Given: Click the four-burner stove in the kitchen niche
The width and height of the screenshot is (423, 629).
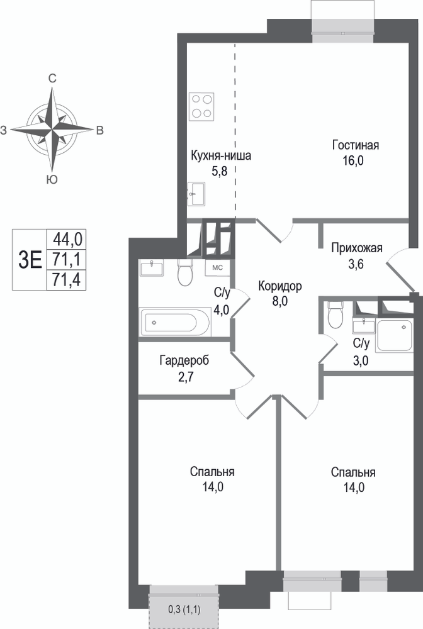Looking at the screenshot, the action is [201, 106].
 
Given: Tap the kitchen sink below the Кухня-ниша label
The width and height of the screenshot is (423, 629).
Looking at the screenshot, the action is [196, 194].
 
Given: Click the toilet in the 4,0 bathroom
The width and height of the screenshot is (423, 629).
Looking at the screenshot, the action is [186, 272].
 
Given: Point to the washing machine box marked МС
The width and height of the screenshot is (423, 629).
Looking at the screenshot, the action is [218, 268].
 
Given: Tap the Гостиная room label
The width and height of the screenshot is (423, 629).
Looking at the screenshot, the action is [356, 145].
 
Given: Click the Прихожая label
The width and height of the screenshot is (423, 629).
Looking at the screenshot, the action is [357, 248].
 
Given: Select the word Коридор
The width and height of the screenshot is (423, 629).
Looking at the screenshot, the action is [279, 286].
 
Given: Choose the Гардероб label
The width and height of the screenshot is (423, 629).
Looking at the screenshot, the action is [184, 360].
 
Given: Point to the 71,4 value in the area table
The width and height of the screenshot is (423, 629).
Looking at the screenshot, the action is [67, 280].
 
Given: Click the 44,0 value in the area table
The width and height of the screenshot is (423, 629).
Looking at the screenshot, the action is [67, 240].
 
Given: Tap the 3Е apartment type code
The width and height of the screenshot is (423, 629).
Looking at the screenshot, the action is [30, 260].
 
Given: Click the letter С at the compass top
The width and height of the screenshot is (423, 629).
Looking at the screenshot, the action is [52, 79].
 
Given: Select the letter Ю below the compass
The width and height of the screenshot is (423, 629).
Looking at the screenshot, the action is [52, 179].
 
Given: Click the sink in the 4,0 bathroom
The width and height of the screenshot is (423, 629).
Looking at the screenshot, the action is [152, 268].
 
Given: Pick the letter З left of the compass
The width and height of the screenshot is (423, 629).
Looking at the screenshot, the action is [4, 130].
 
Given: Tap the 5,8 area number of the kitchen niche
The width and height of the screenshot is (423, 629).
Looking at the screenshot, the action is [220, 172].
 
